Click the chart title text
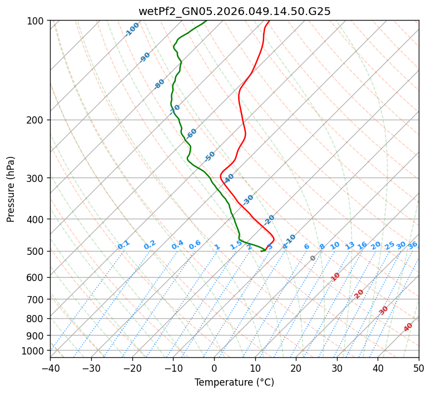pos(234,11)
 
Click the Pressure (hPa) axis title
pos(11,189)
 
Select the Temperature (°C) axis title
pos(234,383)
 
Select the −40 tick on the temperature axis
pos(50,368)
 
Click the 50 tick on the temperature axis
pos(419,368)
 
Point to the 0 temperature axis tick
pos(214,368)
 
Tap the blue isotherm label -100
pos(132,29)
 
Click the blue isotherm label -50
pos(210,156)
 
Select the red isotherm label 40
pos(408,327)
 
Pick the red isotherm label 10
pos(335,277)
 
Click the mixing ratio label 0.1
pos(123,244)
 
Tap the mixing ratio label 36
pos(413,245)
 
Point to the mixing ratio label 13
pos(350,245)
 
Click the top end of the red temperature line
pos(269,21)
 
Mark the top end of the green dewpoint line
pos(206,21)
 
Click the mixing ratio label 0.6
pos(195,245)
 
